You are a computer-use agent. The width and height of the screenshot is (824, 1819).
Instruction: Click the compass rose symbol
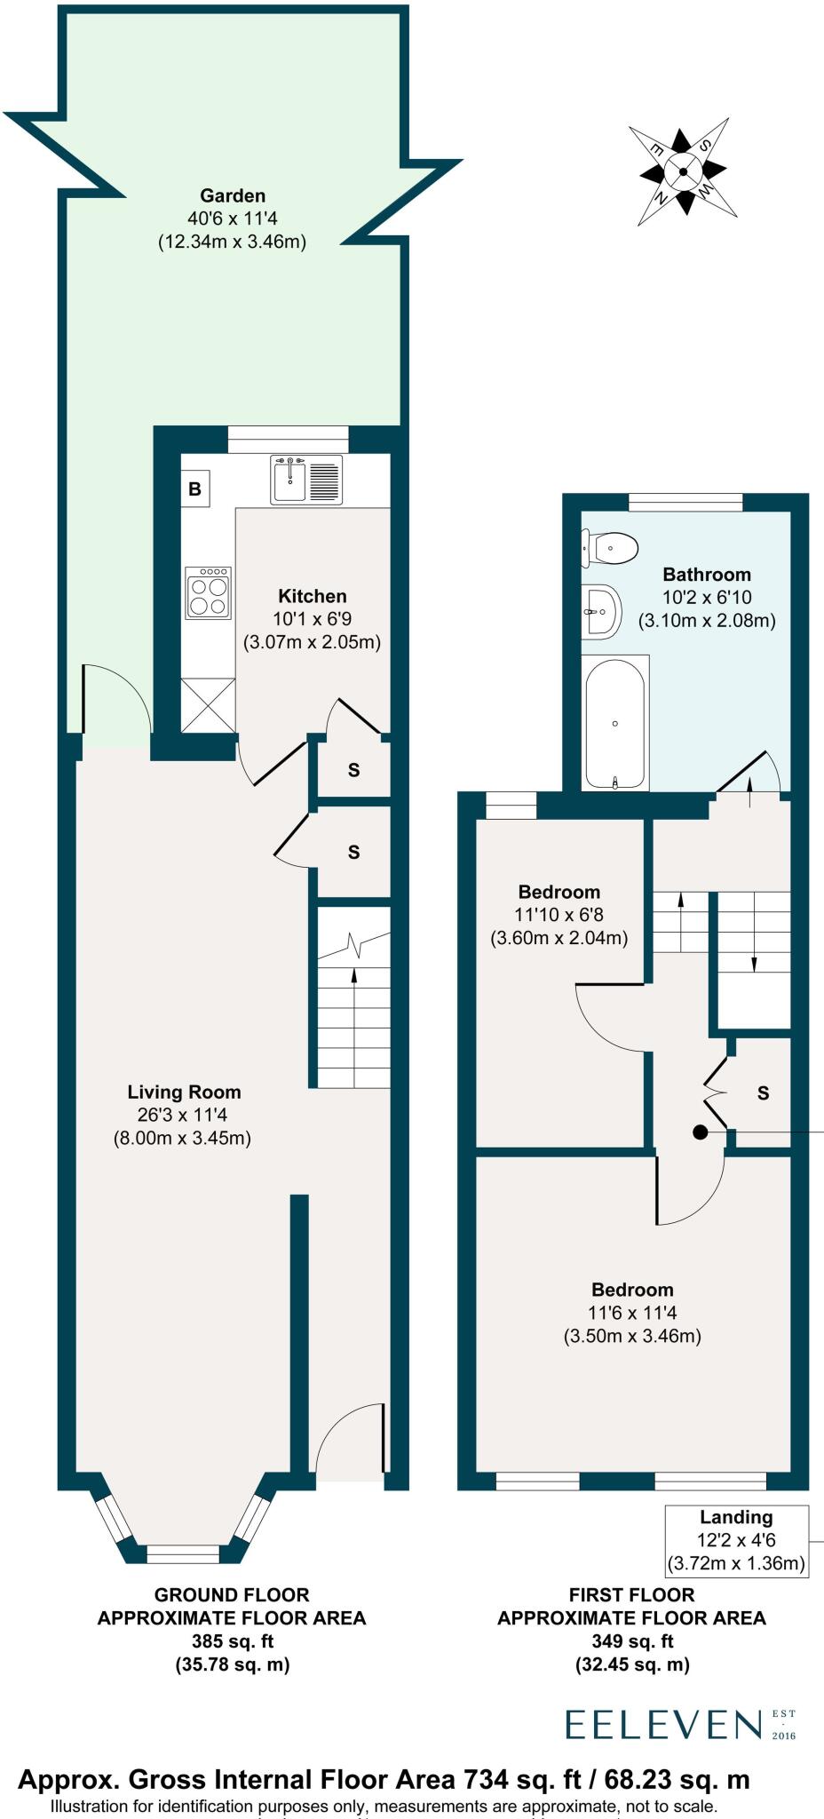coord(684,171)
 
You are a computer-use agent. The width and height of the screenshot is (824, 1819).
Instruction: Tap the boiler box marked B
coord(195,489)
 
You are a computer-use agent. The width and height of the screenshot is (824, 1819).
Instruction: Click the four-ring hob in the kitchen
coord(209,593)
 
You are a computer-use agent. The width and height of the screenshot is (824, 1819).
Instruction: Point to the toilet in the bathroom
coord(611,548)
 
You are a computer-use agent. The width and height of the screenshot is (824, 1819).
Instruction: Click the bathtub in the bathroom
coord(615,723)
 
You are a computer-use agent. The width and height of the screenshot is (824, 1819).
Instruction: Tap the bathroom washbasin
coord(603,611)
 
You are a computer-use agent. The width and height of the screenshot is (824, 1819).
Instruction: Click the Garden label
coord(232,195)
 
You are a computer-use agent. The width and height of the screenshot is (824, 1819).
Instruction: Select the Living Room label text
coord(184,1092)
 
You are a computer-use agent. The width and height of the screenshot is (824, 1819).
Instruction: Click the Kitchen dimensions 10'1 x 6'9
coord(312,619)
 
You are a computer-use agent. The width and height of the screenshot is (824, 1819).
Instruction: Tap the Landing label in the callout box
coord(736,1518)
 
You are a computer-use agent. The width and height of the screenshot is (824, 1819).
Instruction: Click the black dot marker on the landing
coord(700,1132)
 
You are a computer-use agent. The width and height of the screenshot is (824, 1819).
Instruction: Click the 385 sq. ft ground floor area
coord(232,1640)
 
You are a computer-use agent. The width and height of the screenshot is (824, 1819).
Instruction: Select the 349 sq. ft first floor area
coord(632,1640)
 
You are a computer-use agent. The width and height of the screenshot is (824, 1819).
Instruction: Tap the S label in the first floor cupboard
coord(763,1093)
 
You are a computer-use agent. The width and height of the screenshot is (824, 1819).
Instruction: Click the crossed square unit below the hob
coord(209,705)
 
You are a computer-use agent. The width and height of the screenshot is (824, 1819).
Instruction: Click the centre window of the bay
coord(183,1553)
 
